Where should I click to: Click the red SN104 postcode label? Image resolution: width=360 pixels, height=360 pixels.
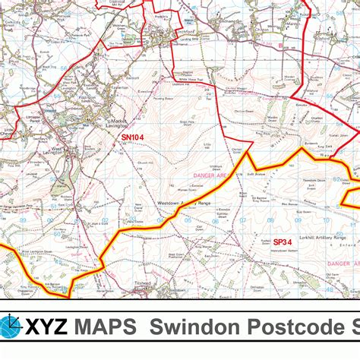(x=131, y=137)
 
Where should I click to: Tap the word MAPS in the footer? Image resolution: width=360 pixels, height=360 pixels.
(x=106, y=329)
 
